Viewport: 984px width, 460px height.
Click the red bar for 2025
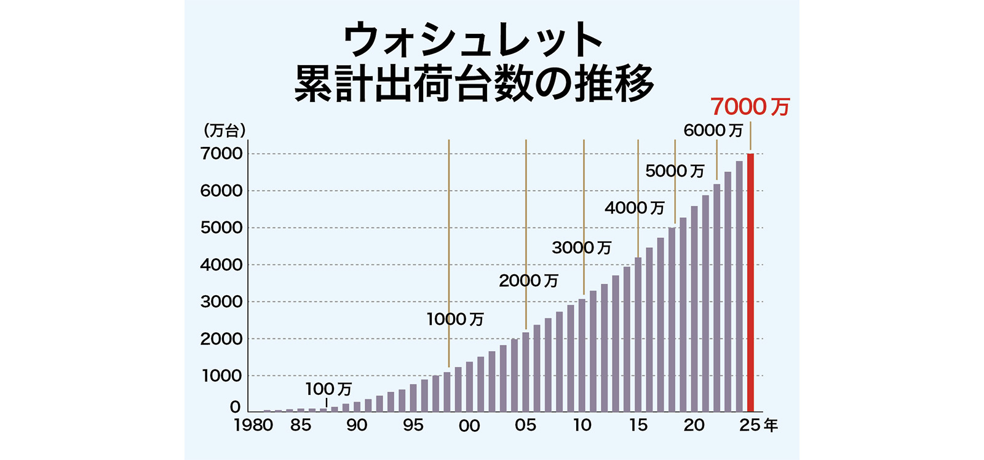point(750,283)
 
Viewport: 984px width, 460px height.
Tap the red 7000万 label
point(750,107)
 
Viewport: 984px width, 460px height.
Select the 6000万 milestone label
point(713,130)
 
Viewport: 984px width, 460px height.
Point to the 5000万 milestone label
point(675,171)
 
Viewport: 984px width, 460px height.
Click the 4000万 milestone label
point(635,208)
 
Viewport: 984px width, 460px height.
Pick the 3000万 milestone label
point(581,248)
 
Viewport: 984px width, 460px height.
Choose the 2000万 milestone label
point(528,281)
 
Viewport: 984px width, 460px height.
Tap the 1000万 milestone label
point(455,319)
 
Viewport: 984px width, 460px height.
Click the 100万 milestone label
point(328,389)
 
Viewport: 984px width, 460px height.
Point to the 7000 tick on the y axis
point(221,154)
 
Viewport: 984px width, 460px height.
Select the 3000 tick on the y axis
point(221,302)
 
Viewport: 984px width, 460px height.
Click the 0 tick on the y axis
point(235,407)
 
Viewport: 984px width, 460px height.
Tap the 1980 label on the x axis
point(253,426)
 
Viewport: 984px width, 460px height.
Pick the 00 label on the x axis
point(469,426)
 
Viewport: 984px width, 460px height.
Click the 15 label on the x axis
point(638,425)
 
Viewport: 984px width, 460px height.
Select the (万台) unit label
point(224,130)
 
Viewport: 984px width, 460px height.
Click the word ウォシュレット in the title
point(473,41)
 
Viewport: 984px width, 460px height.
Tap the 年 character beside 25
point(771,425)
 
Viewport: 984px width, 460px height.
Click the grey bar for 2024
point(739,287)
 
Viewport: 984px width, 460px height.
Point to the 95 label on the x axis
point(413,425)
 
